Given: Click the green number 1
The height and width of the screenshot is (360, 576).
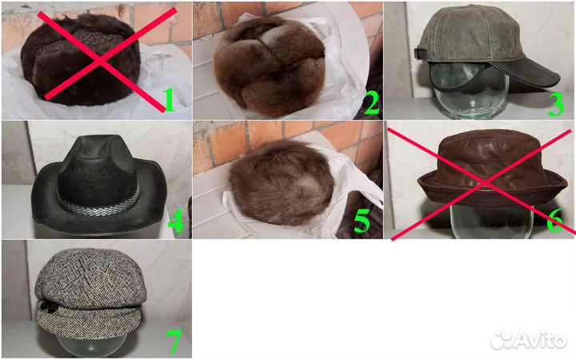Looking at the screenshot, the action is click(x=169, y=100).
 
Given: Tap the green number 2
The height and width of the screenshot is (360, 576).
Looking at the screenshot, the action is click(x=372, y=102).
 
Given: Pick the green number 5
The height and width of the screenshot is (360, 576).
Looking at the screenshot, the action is click(x=362, y=221).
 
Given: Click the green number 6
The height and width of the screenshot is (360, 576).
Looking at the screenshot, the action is click(x=554, y=221).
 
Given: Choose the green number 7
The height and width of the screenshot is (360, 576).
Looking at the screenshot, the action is click(x=174, y=342).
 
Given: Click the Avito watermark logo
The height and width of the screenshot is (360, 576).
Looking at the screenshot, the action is click(x=528, y=339).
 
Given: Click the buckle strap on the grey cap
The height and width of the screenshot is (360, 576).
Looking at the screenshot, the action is click(x=422, y=53).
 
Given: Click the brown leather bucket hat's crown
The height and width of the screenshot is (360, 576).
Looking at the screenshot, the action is click(x=490, y=156).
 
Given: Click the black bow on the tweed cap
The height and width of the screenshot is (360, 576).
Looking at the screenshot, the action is click(x=48, y=306).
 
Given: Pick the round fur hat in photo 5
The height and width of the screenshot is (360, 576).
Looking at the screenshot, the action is click(x=282, y=184).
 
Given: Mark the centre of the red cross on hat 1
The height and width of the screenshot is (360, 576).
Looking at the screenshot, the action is click(x=99, y=62).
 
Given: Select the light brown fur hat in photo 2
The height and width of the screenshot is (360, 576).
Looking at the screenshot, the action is click(x=270, y=66).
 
